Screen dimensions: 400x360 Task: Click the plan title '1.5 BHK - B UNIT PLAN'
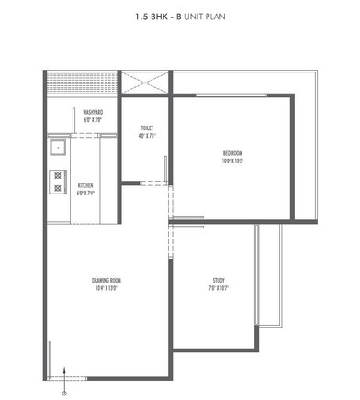pyautogui.click(x=179, y=17)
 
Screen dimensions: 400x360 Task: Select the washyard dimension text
pyautogui.click(x=92, y=119)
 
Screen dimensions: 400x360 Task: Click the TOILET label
pyautogui.click(x=147, y=128)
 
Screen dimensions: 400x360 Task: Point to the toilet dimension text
pyautogui.click(x=147, y=137)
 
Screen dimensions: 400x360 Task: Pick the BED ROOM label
pyautogui.click(x=232, y=153)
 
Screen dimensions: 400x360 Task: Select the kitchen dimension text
pyautogui.click(x=85, y=194)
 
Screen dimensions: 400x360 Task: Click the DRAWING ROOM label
pyautogui.click(x=107, y=280)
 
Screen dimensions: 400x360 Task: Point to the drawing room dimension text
pyautogui.click(x=107, y=289)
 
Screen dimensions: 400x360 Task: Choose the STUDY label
pyautogui.click(x=219, y=280)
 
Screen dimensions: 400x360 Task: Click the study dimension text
pyautogui.click(x=219, y=289)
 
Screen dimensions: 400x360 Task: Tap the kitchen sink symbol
pyautogui.click(x=56, y=146)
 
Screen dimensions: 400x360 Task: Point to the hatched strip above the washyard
pyautogui.click(x=81, y=81)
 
